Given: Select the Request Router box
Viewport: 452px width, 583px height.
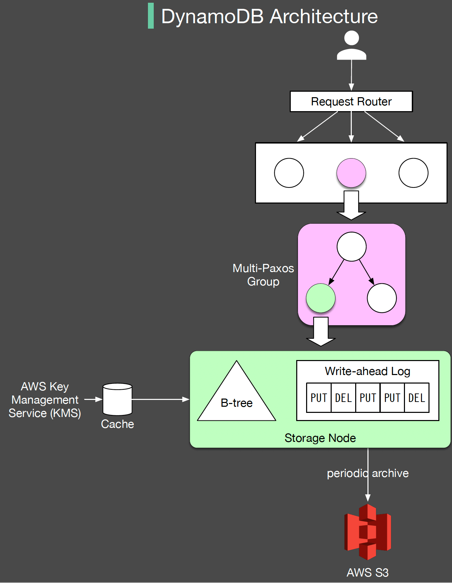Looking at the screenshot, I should pyautogui.click(x=351, y=102).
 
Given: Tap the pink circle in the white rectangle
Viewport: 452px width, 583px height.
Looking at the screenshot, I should pyautogui.click(x=351, y=173).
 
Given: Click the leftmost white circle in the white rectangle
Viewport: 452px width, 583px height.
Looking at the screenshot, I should pyautogui.click(x=289, y=173).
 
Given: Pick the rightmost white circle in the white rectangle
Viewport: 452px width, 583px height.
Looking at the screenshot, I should pyautogui.click(x=413, y=173).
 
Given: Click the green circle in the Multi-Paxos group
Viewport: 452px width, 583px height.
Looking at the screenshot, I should pyautogui.click(x=320, y=298).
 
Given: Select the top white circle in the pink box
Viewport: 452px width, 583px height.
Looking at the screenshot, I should pyautogui.click(x=351, y=246).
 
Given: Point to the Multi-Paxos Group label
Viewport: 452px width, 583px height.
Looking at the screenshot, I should pyautogui.click(x=263, y=275).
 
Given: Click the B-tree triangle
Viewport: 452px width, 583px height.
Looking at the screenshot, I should pyautogui.click(x=237, y=399).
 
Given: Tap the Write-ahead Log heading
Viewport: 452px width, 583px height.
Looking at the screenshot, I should pyautogui.click(x=367, y=371).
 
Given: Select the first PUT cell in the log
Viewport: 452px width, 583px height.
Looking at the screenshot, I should pyautogui.click(x=319, y=398).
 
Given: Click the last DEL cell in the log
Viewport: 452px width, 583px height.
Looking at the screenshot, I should pyautogui.click(x=417, y=398).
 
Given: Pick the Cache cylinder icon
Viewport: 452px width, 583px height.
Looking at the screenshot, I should pyautogui.click(x=117, y=399).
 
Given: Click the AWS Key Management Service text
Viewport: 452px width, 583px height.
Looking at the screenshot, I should pyautogui.click(x=45, y=400).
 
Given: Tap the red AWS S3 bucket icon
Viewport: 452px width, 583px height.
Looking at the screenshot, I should pyautogui.click(x=367, y=532).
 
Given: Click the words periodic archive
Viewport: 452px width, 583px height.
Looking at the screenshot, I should pyautogui.click(x=367, y=473).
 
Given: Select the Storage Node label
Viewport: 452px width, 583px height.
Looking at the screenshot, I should pyautogui.click(x=320, y=438).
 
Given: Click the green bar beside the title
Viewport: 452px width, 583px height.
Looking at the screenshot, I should pyautogui.click(x=151, y=16).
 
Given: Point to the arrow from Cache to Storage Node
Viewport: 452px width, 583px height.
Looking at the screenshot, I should pyautogui.click(x=160, y=399).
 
